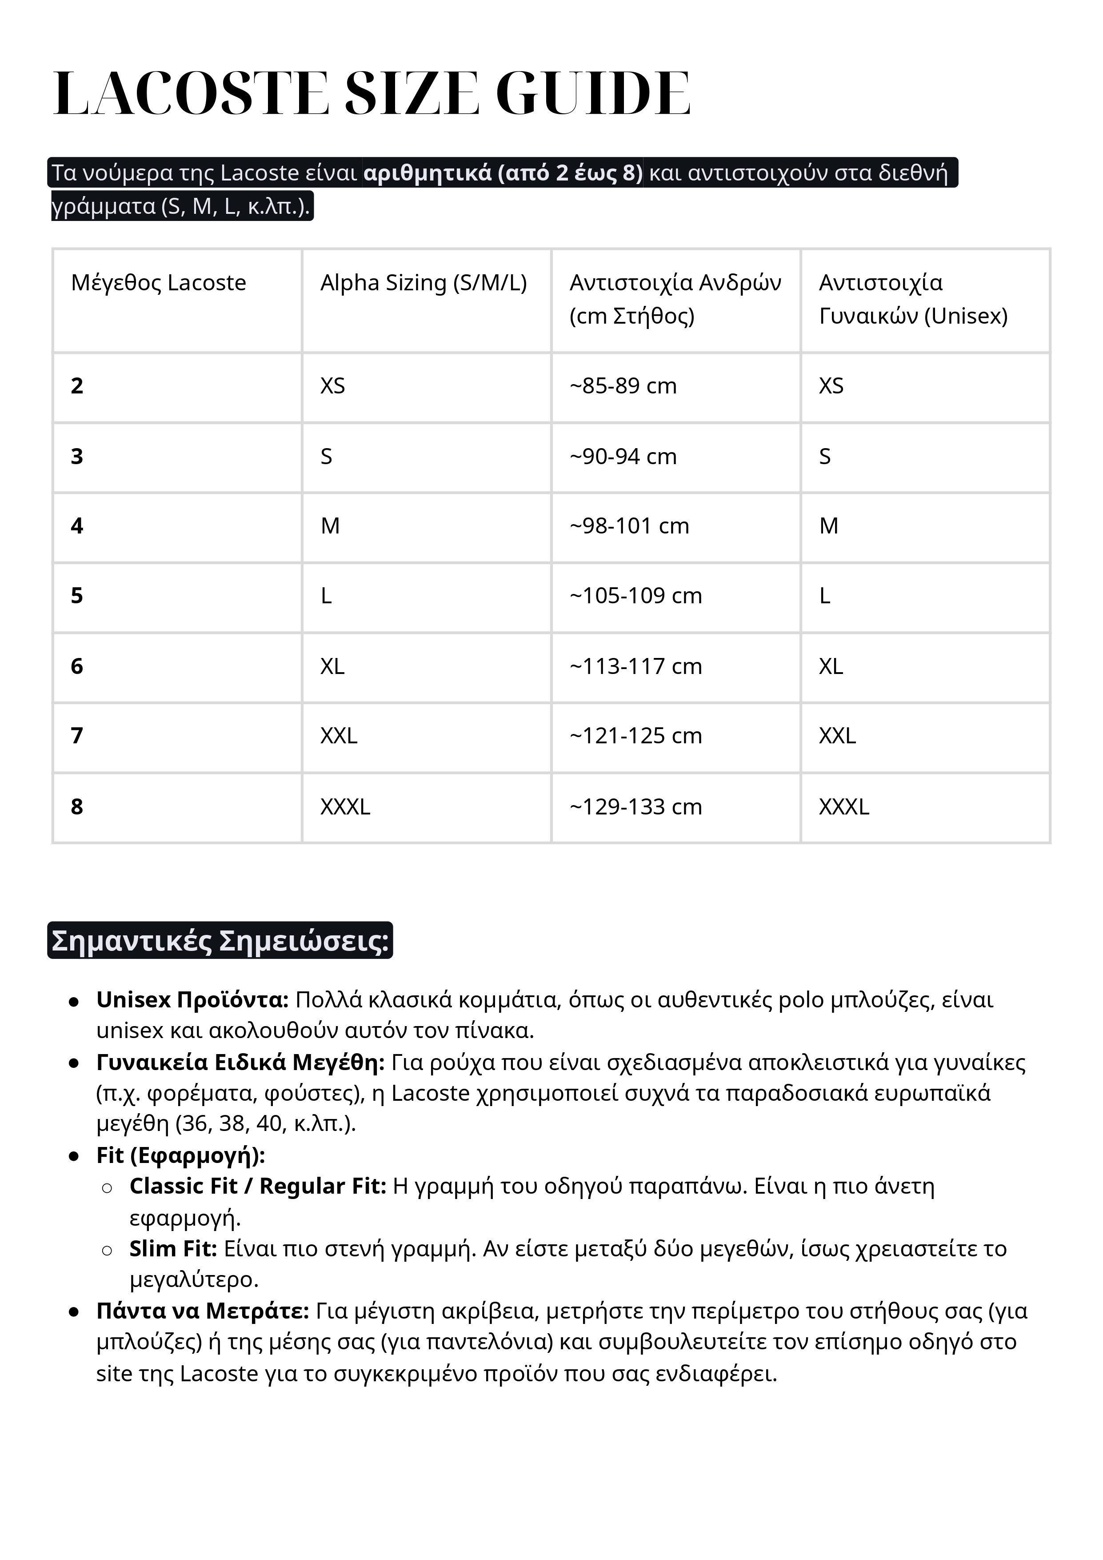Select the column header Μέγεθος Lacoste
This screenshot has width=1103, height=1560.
(x=158, y=283)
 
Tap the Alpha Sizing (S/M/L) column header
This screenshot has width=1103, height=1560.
(x=423, y=283)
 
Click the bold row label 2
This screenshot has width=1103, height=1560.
(x=77, y=386)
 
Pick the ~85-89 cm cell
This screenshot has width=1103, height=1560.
(x=623, y=386)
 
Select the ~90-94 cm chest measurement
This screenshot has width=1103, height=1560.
(x=623, y=457)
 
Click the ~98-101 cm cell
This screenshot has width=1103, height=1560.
(x=629, y=526)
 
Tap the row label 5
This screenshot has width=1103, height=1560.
(x=77, y=596)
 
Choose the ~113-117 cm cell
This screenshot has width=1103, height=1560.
(x=635, y=666)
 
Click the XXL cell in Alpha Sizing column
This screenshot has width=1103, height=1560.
(x=338, y=736)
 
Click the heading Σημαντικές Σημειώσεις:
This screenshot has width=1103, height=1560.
(x=220, y=941)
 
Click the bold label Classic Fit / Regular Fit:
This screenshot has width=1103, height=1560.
(x=257, y=1186)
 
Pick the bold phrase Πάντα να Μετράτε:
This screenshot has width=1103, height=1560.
(x=202, y=1311)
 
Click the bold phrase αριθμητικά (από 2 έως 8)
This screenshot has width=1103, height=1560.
(x=503, y=173)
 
